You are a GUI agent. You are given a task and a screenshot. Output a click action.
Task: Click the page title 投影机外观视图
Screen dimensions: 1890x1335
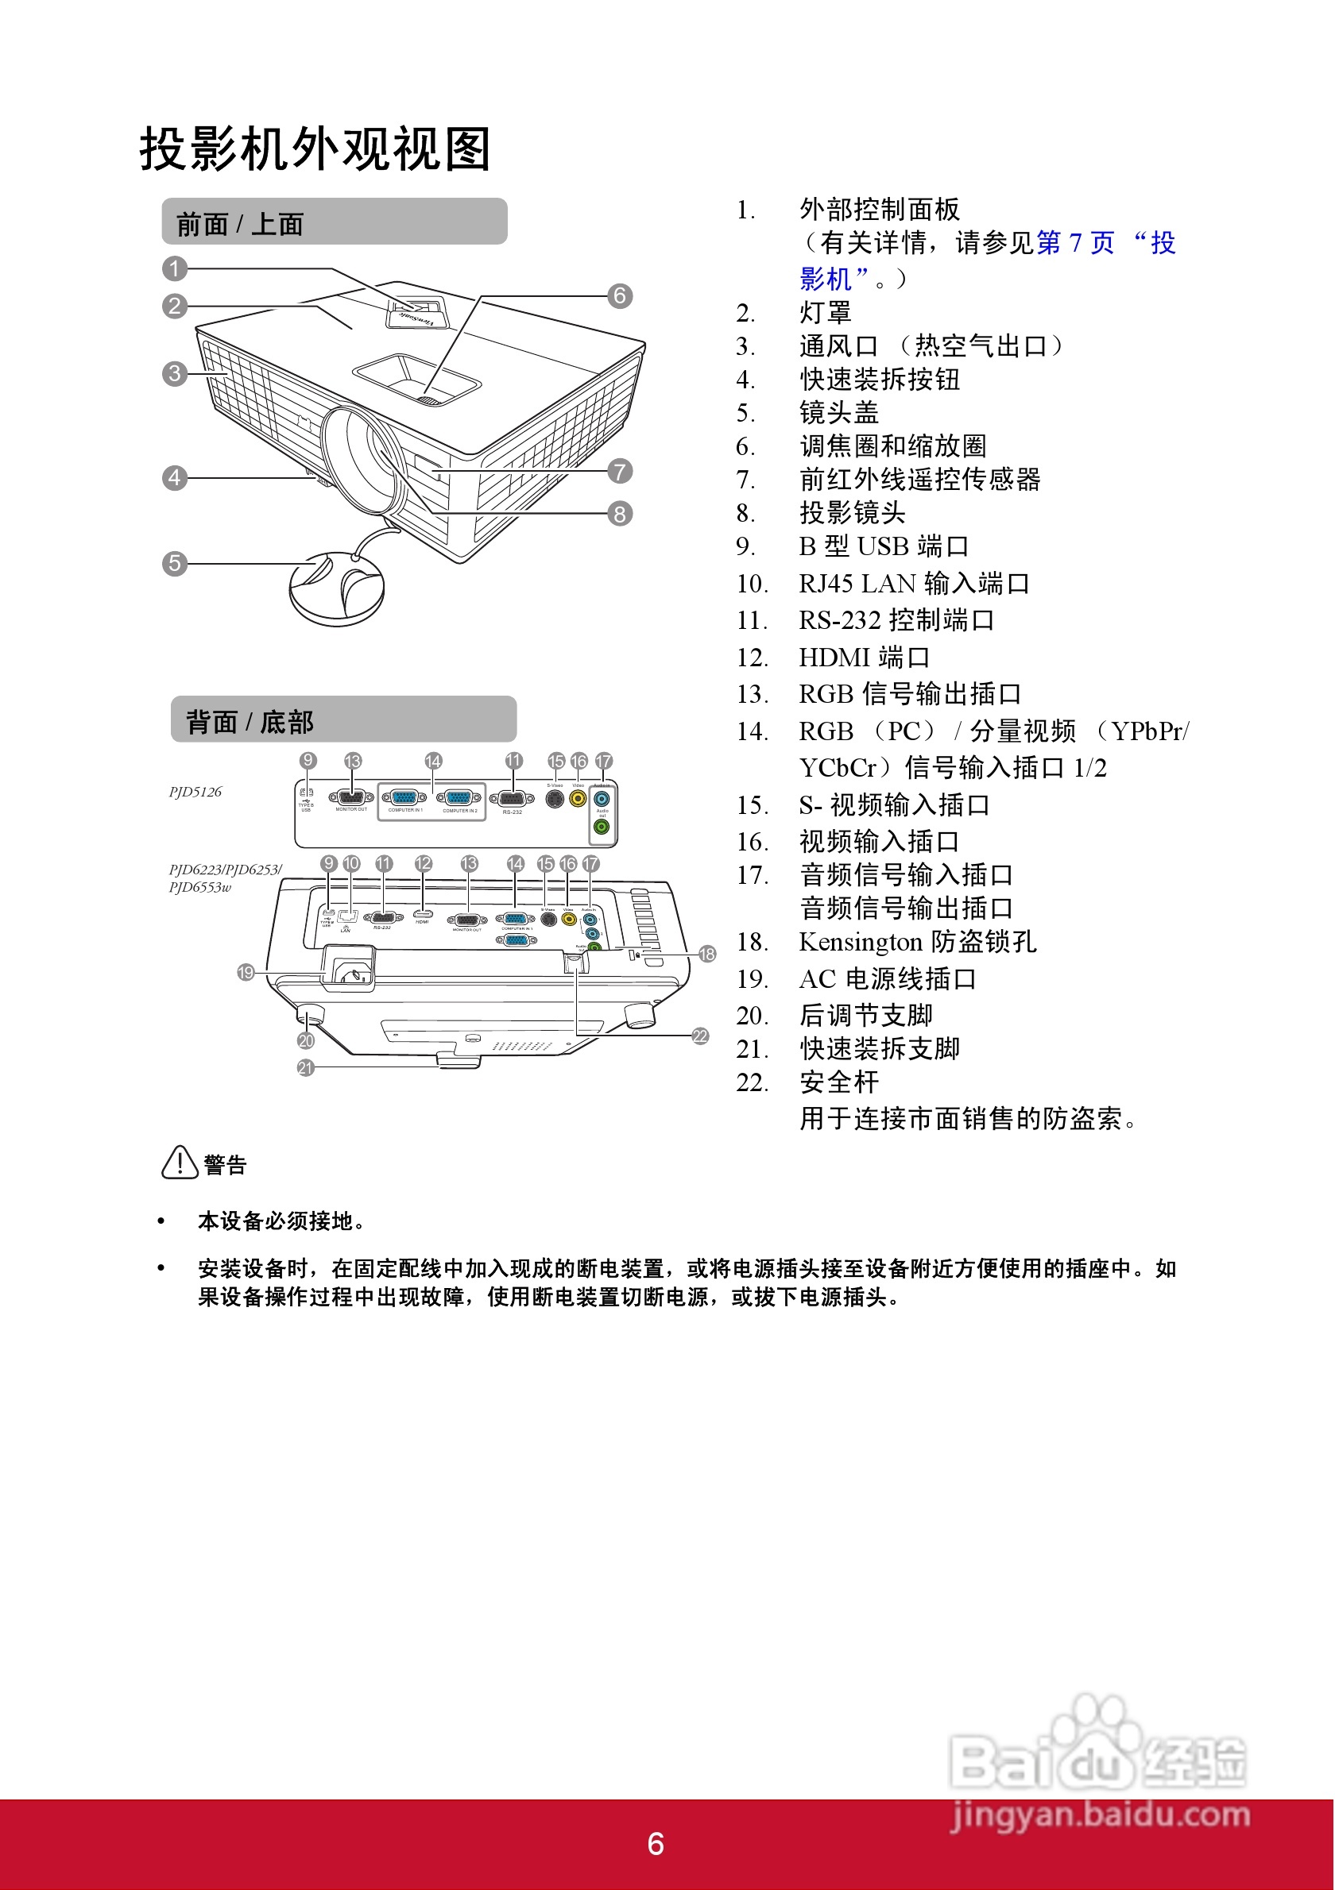tap(315, 149)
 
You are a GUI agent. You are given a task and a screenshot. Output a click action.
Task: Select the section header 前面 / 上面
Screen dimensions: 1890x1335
tap(240, 224)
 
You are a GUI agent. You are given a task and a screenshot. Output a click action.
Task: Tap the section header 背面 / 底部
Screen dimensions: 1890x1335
tap(250, 722)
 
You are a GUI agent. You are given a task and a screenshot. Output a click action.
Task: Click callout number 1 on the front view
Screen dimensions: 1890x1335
tap(175, 268)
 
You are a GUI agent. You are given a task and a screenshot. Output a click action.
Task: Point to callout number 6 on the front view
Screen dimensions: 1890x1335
tap(619, 295)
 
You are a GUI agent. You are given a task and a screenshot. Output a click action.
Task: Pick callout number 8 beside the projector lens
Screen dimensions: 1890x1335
tap(619, 514)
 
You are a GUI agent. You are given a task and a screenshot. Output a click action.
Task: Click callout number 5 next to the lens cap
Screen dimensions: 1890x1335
tap(175, 563)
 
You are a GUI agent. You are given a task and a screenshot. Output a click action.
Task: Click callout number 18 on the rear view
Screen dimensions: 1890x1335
tap(706, 954)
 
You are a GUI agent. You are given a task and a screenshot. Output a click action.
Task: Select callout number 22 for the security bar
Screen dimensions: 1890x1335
tap(700, 1036)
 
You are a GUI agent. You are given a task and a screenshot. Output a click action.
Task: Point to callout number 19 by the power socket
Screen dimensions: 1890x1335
tap(246, 972)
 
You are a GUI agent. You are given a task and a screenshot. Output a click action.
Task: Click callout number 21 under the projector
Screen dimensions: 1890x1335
tap(306, 1067)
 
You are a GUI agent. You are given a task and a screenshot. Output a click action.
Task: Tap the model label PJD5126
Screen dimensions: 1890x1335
tap(195, 792)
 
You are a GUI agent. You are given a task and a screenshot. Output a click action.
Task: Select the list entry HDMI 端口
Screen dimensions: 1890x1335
tap(864, 657)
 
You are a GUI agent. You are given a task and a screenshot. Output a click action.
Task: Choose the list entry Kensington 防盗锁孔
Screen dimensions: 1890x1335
tap(918, 941)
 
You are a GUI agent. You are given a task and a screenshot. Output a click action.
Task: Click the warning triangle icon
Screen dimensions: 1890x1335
tap(180, 1163)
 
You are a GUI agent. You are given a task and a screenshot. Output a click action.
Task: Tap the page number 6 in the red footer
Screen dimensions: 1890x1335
tap(656, 1844)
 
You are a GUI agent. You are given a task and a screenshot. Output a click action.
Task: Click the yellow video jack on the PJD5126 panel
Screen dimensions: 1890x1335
tap(578, 798)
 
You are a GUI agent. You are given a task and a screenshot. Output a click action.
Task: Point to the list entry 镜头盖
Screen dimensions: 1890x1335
tap(838, 411)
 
